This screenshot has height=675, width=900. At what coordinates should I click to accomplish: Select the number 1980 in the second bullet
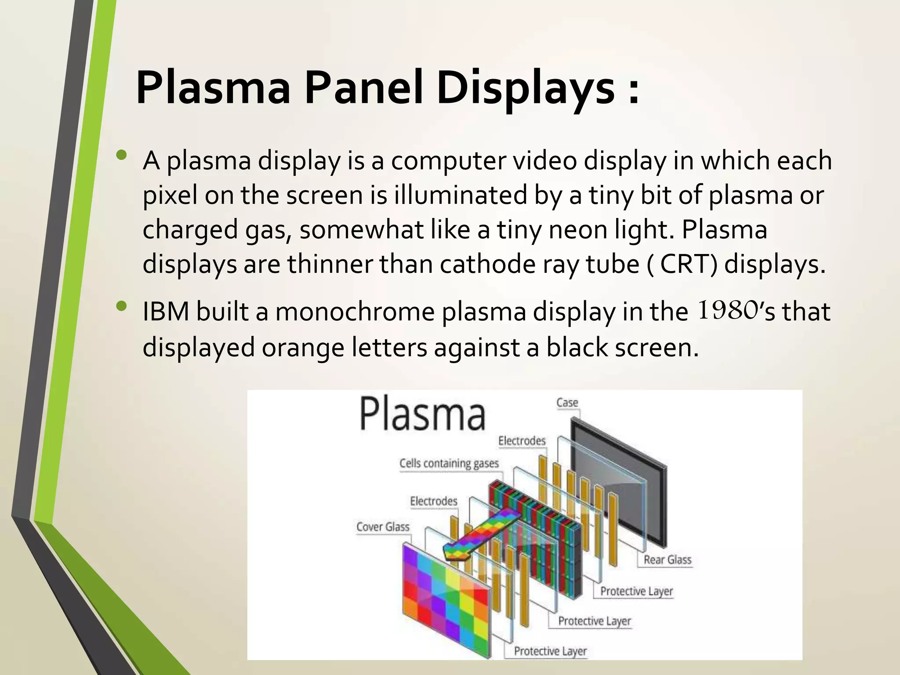coord(728,310)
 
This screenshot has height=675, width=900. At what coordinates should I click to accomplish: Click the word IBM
coord(167,312)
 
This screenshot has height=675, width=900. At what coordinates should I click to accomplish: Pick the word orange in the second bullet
coord(303,348)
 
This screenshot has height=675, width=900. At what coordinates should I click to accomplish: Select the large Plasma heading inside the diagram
coord(422,414)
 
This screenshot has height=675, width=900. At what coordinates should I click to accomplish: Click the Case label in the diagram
coord(567,403)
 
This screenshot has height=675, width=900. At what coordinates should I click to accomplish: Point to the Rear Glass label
coord(667,560)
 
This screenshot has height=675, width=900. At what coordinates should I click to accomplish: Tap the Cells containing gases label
coord(449,463)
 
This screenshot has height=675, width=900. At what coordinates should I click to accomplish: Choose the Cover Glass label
coord(382,526)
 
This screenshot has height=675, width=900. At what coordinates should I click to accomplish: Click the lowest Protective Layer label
coord(550,651)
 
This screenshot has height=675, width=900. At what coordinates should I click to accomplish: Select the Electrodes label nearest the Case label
coord(522,441)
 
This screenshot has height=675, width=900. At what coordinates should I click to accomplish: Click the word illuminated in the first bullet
coord(460,195)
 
